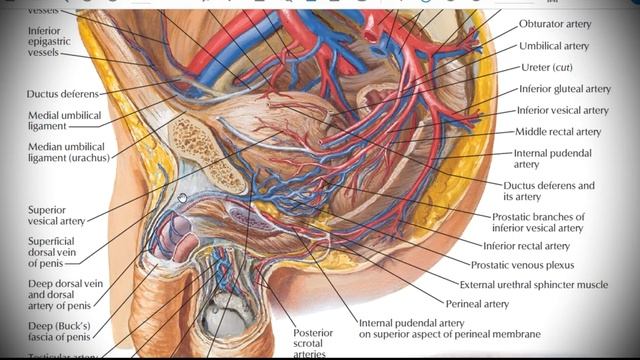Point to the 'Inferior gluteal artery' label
coord(564,89)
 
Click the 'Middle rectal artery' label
coord(558,132)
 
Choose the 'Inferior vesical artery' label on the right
coord(562,110)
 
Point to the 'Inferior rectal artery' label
coord(526,245)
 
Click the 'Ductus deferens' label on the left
coord(60,94)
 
